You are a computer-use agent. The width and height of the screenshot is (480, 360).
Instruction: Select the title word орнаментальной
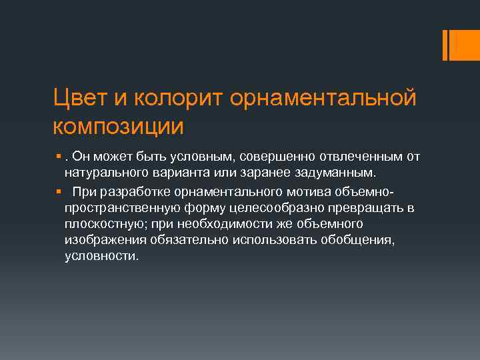(323, 98)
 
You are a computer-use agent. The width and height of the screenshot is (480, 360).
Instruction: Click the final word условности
(101, 257)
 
